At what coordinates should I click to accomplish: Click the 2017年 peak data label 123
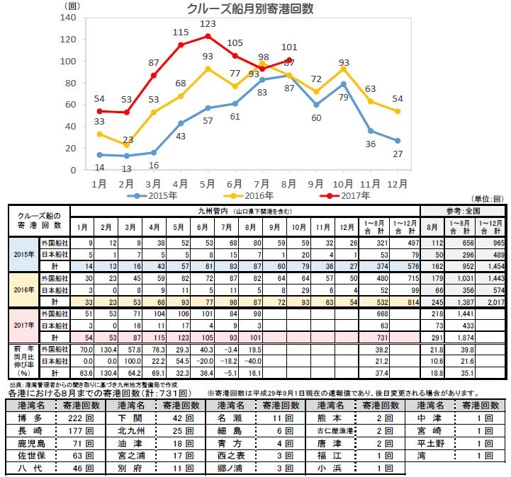207,24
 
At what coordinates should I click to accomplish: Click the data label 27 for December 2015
398,154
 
